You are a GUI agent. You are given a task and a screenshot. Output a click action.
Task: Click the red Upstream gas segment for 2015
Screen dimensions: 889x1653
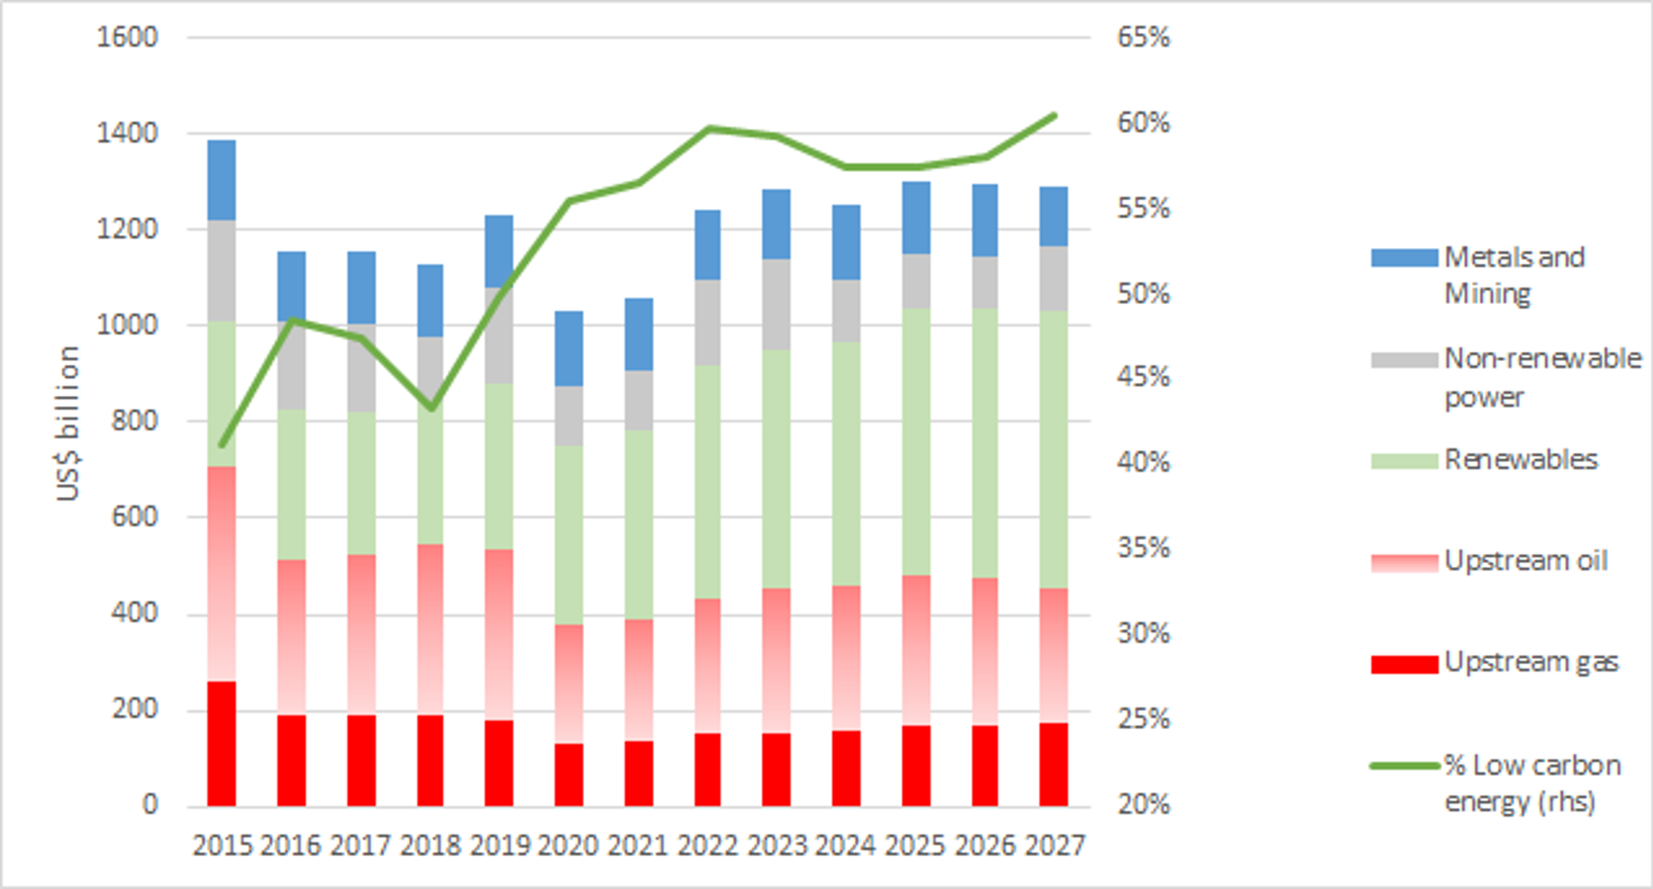(x=221, y=744)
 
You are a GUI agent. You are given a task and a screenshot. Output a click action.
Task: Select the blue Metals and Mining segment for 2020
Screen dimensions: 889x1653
(x=568, y=348)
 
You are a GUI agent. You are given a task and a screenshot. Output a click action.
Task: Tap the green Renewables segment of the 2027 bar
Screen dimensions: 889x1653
(x=1054, y=449)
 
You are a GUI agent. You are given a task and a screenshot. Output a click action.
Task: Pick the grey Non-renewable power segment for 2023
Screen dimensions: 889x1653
(x=776, y=304)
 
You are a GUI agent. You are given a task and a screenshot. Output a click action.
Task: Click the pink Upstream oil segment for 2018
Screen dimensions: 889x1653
(x=430, y=629)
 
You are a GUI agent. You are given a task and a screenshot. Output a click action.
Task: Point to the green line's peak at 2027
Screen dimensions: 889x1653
(x=1054, y=116)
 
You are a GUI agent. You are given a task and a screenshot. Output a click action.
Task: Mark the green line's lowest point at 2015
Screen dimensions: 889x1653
(x=221, y=444)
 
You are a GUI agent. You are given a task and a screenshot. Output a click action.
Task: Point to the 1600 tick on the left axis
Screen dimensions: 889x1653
(x=127, y=38)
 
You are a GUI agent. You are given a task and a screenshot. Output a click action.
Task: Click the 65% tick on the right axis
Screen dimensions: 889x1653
(x=1143, y=38)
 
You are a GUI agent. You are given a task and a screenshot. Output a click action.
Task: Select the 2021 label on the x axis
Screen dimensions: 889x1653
(x=638, y=845)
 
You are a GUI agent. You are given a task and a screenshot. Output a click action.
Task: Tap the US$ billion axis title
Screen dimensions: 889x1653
(x=68, y=423)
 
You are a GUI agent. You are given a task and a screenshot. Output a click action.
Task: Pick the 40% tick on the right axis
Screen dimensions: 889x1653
(x=1143, y=462)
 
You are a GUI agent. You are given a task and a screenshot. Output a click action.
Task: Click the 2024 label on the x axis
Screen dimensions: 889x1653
(x=846, y=845)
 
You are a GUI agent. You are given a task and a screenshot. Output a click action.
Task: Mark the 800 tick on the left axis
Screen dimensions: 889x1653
(x=136, y=421)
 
